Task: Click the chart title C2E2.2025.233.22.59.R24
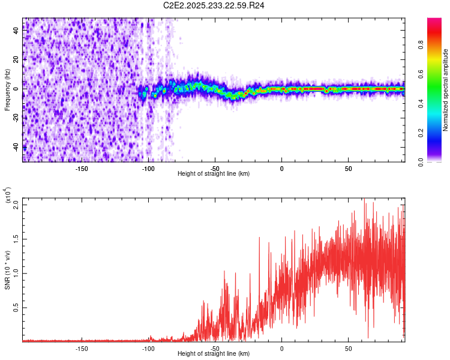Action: coord(214,6)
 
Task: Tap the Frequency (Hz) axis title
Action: coord(7,90)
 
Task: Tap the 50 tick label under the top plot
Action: coord(348,168)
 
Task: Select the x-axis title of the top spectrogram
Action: coord(214,174)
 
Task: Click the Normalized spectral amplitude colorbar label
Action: coord(446,90)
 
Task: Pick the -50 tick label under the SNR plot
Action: coord(215,349)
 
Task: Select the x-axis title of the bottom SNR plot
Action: coord(214,354)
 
